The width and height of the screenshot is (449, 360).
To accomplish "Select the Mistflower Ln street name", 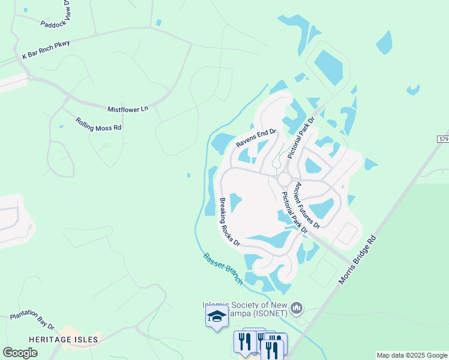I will pyautogui.click(x=127, y=109).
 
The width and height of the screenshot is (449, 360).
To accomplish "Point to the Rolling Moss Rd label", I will pyautogui.click(x=98, y=124).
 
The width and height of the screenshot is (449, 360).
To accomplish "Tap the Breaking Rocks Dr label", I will pyautogui.click(x=229, y=223).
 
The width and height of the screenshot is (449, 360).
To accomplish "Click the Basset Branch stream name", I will pyautogui.click(x=223, y=268).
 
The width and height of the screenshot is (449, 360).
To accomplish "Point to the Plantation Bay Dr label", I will pyautogui.click(x=32, y=320).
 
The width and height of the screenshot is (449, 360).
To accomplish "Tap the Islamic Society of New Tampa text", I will pyautogui.click(x=247, y=310).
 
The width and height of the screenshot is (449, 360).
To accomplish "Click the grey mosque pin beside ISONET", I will pyautogui.click(x=296, y=309).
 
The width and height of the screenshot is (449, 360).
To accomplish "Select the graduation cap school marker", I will pyautogui.click(x=217, y=317).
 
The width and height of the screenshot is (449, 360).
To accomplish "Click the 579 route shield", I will pyautogui.click(x=443, y=139).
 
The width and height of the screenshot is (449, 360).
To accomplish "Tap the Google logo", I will pyautogui.click(x=20, y=352).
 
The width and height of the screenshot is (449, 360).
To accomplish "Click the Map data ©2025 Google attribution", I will pyautogui.click(x=412, y=355).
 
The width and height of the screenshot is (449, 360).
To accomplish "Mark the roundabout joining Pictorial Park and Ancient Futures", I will pyautogui.click(x=285, y=179).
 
